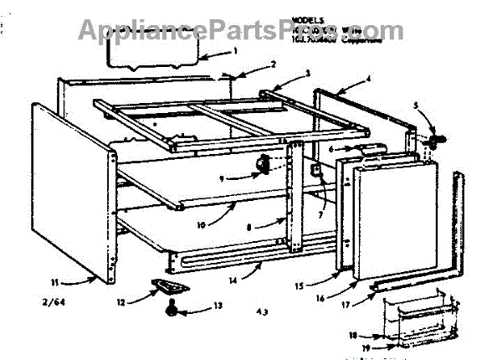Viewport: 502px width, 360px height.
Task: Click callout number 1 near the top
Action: (235, 51)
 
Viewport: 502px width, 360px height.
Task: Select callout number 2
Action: (274, 64)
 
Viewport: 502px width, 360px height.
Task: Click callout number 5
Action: (416, 105)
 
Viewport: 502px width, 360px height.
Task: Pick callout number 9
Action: (222, 177)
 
